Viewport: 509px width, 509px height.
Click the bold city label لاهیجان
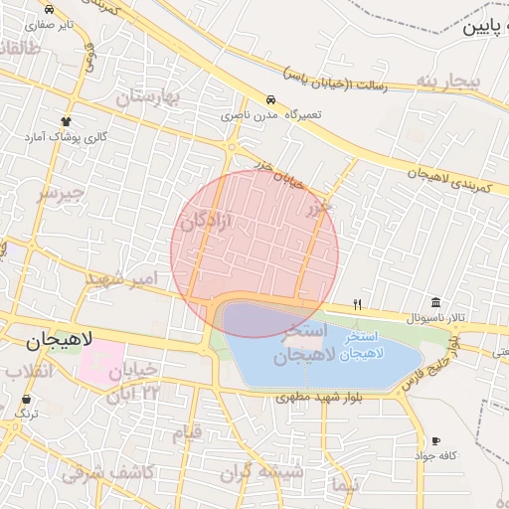tap(59, 341)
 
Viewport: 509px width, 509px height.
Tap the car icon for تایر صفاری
tap(50, 8)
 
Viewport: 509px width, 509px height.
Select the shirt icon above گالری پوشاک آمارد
tap(69, 119)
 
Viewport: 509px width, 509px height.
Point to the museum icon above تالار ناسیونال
tap(436, 302)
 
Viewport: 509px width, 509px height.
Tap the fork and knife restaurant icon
tap(358, 304)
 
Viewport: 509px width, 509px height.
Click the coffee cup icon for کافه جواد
tap(435, 440)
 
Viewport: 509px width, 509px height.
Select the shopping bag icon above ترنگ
tap(26, 400)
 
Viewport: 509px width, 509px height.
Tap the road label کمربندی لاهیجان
tap(454, 178)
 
